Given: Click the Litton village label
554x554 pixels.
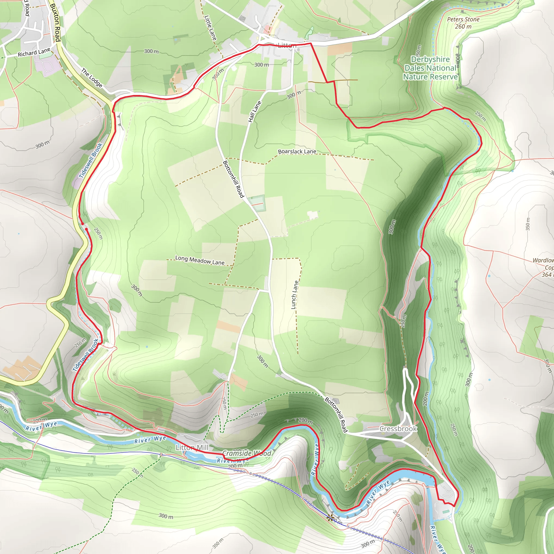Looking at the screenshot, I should (x=287, y=45).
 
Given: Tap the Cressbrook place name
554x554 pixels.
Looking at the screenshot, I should (x=398, y=429).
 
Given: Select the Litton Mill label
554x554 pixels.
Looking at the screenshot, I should (x=192, y=448).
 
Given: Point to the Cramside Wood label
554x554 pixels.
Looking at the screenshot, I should (x=247, y=453).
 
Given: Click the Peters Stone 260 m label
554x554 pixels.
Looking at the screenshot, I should (x=463, y=23).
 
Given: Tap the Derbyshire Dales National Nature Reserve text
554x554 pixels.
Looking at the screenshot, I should (x=430, y=68).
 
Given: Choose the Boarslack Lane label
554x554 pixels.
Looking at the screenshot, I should (x=297, y=151).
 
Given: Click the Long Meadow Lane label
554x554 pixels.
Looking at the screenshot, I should (x=200, y=260).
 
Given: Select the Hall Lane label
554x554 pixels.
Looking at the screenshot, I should (x=255, y=112).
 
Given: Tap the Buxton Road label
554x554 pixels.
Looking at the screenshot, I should (x=55, y=22).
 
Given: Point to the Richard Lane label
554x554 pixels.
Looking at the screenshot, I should (x=34, y=53).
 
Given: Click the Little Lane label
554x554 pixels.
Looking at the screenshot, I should (x=210, y=28).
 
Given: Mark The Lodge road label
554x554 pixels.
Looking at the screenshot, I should (x=92, y=77).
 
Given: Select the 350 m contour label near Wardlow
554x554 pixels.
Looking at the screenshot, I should (x=528, y=224).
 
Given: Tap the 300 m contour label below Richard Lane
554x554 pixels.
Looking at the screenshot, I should (x=42, y=145).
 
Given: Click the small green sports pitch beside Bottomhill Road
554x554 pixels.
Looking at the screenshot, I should (x=257, y=204).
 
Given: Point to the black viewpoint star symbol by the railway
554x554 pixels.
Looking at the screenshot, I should (x=330, y=517).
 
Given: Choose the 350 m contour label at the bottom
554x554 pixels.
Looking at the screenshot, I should (x=218, y=543).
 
